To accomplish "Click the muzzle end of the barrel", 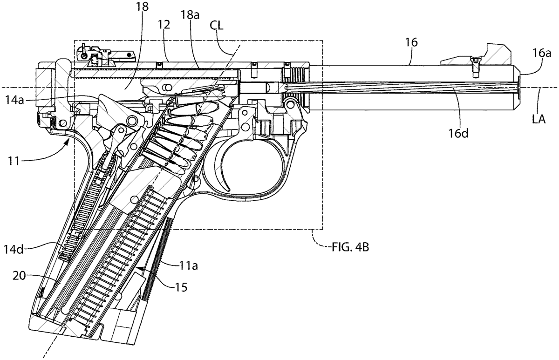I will click(x=518, y=88).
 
